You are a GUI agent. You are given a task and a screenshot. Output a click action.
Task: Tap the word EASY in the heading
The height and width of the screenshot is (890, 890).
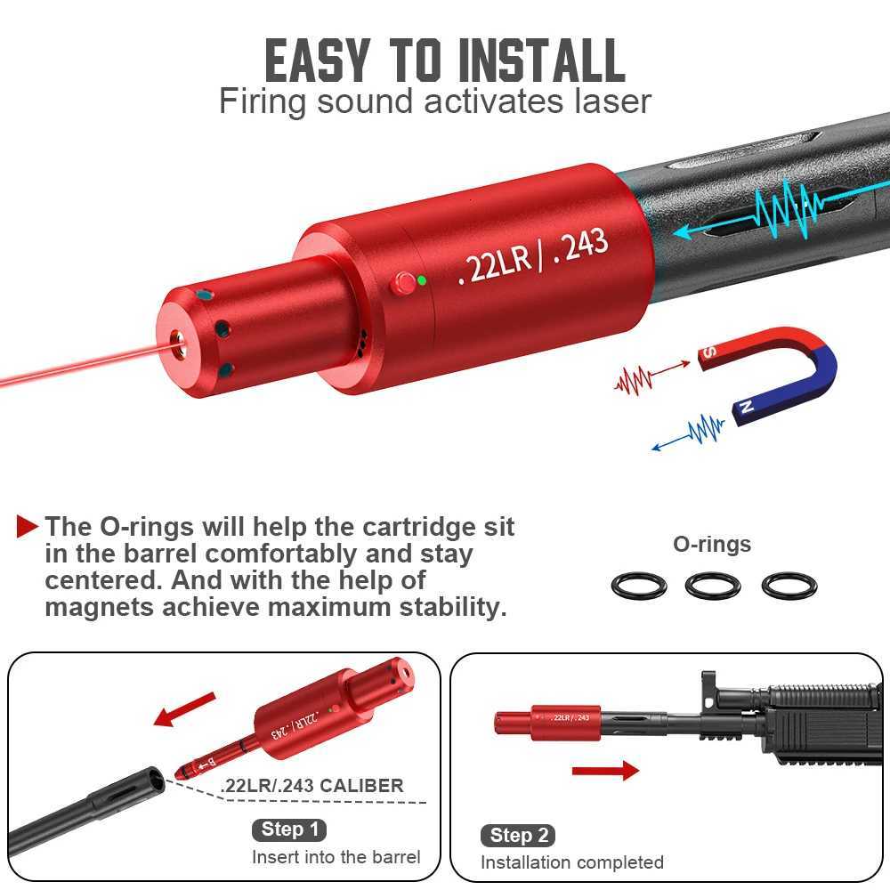[x=316, y=60]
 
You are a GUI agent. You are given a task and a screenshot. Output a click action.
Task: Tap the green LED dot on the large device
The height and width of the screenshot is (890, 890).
[x=422, y=280]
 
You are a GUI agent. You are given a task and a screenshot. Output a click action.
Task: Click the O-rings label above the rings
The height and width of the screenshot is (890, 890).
[x=712, y=544]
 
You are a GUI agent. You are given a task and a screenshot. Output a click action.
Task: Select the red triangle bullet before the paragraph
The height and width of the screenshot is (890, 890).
[x=28, y=526]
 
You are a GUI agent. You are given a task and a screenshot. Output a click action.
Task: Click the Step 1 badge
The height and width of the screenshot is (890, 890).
[x=288, y=830]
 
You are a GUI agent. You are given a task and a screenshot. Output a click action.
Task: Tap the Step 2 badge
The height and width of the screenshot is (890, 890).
[x=520, y=835]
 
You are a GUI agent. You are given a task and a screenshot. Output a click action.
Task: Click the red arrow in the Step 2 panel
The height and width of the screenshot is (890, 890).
[x=605, y=770]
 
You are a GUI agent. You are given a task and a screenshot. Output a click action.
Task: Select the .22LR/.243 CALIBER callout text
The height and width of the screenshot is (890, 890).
[x=311, y=786]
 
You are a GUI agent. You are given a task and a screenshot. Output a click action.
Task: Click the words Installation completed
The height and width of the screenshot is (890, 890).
[x=572, y=862]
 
